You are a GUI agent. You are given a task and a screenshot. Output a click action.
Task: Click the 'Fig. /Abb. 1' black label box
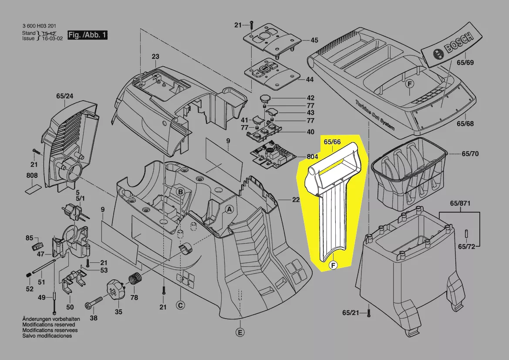click(x=87, y=35)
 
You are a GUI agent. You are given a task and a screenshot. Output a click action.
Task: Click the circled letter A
click(x=228, y=210)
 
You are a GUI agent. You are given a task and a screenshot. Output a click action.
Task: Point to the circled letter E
click(x=239, y=333)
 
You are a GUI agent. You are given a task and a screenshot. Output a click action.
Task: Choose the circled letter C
click(x=179, y=306)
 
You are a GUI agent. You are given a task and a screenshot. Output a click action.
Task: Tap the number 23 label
click(x=155, y=57)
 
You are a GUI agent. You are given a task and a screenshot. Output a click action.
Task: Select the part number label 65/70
click(x=470, y=154)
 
